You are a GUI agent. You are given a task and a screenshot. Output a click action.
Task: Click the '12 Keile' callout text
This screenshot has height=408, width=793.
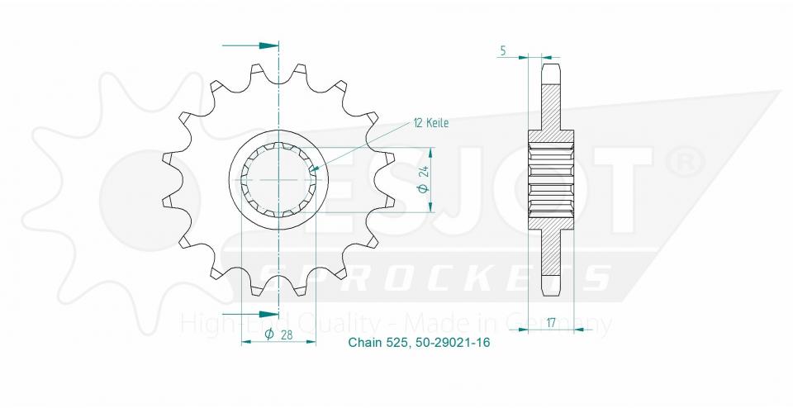coord(430,123)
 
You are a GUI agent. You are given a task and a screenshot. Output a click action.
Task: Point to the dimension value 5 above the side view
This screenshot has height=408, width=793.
coord(503,50)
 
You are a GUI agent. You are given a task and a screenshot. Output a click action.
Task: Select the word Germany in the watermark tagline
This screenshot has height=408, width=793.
coord(569,322)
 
